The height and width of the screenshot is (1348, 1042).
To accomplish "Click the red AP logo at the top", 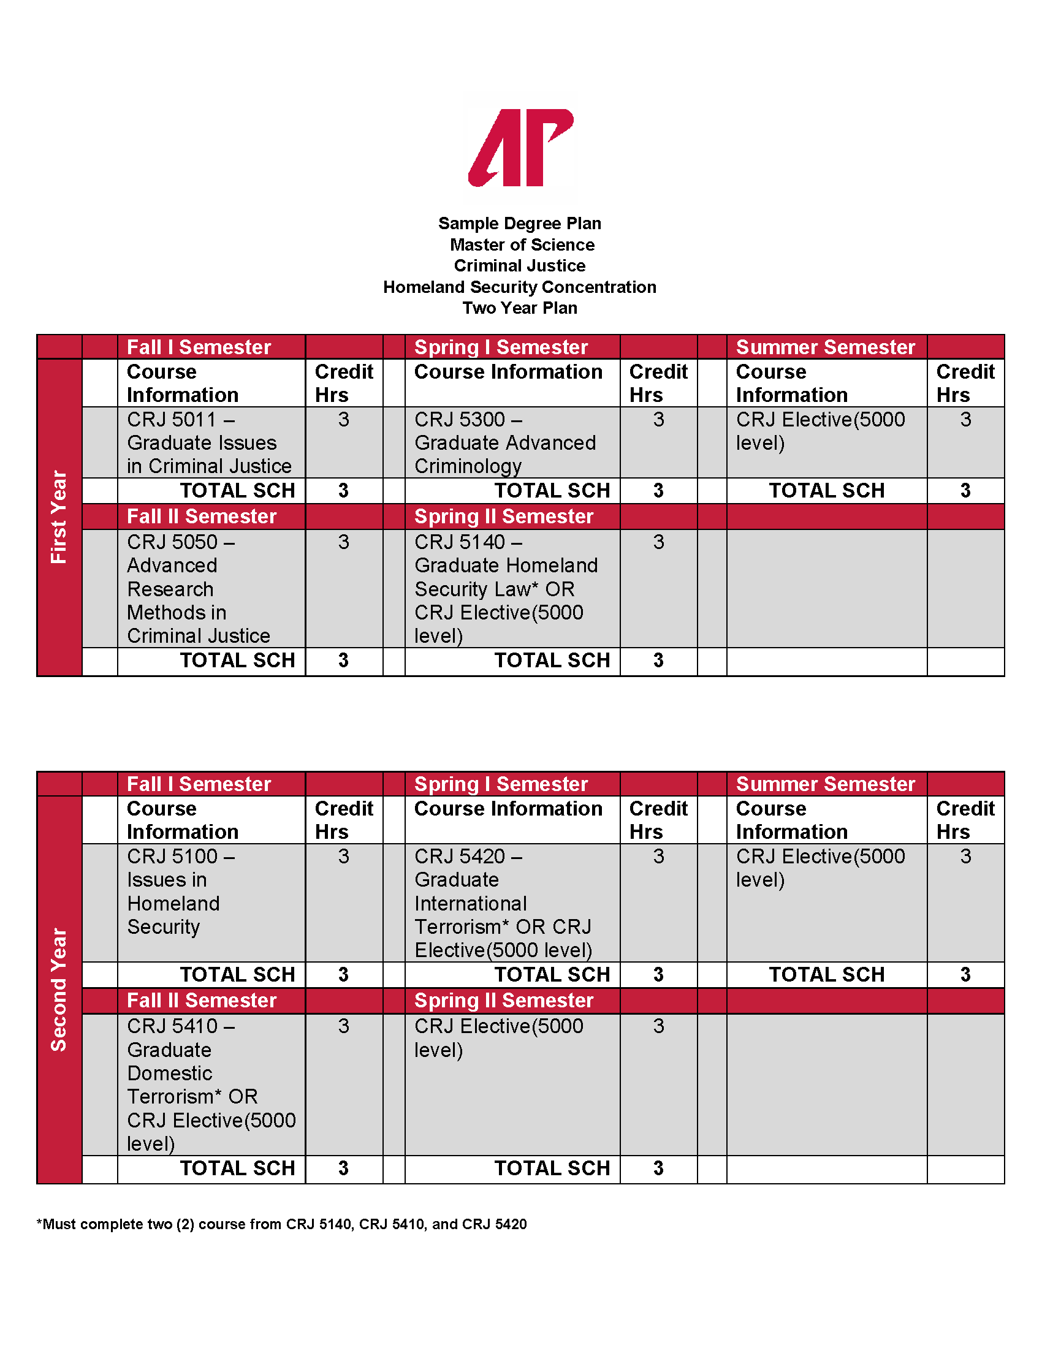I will click(520, 148).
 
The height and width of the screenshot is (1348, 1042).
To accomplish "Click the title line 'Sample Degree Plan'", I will click(520, 224).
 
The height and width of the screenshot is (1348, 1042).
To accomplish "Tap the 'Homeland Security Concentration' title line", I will click(520, 287).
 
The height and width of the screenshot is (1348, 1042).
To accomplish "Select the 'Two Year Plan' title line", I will click(520, 308).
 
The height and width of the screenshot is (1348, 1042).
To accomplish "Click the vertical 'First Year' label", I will click(59, 517).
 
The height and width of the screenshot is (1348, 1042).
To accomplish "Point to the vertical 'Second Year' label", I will click(59, 990).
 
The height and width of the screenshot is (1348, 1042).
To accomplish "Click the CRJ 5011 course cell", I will click(209, 442).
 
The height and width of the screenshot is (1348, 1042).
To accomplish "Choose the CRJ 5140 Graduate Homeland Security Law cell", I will click(506, 588).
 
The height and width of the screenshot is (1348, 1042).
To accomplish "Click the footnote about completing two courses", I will click(281, 1224).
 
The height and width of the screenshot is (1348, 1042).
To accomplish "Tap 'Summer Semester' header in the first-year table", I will click(826, 347).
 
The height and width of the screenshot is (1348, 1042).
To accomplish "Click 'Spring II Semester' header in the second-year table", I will click(504, 1001).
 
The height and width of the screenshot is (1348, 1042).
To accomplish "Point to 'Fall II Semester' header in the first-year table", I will click(201, 517).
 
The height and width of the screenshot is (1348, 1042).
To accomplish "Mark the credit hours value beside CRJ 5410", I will click(344, 1026).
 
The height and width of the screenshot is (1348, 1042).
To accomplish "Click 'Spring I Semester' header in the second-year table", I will click(501, 784).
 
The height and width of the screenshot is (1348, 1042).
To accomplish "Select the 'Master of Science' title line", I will click(522, 245).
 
